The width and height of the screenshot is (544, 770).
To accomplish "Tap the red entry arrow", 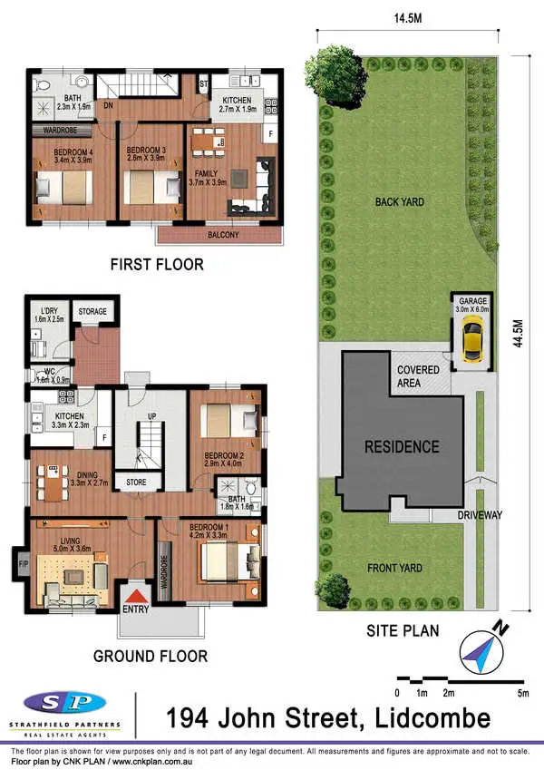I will click(x=136, y=597).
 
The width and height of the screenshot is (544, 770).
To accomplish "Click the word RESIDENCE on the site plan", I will click(x=402, y=446).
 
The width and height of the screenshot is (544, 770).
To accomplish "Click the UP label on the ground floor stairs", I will click(x=151, y=417).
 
